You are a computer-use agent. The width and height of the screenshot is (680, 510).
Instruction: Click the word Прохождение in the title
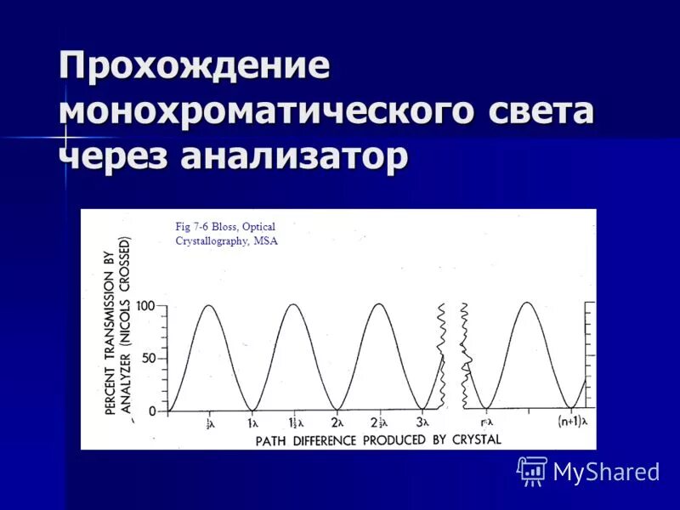(194, 67)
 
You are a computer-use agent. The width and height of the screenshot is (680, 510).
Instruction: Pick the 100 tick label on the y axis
(145, 306)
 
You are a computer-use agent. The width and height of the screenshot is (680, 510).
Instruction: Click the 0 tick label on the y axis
(152, 411)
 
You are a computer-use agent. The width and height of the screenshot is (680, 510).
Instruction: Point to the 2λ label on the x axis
(337, 422)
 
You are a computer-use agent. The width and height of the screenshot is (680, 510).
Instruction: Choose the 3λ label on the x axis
(422, 422)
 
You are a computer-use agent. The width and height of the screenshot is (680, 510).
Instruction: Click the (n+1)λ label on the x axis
(572, 422)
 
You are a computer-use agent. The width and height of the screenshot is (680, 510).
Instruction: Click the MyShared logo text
(606, 472)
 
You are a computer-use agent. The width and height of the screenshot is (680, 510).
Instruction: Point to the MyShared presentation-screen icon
(532, 470)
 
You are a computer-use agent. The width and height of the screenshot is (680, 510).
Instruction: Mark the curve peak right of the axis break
(528, 303)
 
